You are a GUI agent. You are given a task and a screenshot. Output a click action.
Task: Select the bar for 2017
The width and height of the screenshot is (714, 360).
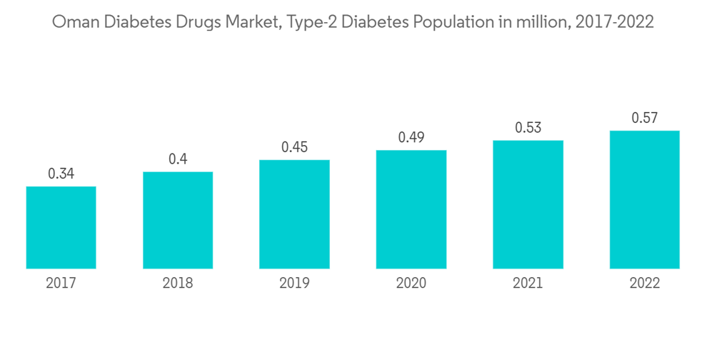pyautogui.click(x=61, y=227)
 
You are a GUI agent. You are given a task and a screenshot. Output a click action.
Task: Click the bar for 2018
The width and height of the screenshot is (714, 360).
pyautogui.click(x=178, y=220)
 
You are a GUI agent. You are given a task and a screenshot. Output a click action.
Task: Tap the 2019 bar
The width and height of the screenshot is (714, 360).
pyautogui.click(x=294, y=214)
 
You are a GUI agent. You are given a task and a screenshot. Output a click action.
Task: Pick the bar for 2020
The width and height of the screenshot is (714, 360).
pyautogui.click(x=411, y=209)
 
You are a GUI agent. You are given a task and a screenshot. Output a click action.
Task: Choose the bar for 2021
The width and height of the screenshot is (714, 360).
pyautogui.click(x=528, y=204)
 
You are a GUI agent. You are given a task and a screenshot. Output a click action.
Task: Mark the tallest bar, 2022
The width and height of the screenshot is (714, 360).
pyautogui.click(x=644, y=199)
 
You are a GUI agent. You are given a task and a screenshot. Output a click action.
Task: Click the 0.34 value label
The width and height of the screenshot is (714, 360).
pyautogui.click(x=61, y=174)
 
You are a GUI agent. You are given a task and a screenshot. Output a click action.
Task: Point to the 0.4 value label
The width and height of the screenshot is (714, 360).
pyautogui.click(x=178, y=159)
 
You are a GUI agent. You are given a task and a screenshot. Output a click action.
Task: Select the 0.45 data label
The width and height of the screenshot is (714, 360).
pyautogui.click(x=294, y=147)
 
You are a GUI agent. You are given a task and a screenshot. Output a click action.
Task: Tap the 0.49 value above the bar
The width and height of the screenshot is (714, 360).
pyautogui.click(x=411, y=137)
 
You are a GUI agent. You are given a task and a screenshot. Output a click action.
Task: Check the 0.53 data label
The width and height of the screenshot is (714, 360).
pyautogui.click(x=528, y=128)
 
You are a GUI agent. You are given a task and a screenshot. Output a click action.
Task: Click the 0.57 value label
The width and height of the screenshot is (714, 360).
pyautogui.click(x=644, y=118)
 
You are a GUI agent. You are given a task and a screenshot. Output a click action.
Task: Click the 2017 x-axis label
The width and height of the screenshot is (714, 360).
pyautogui.click(x=61, y=284)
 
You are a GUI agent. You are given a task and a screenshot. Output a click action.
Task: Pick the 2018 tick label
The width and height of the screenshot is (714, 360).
pyautogui.click(x=178, y=284)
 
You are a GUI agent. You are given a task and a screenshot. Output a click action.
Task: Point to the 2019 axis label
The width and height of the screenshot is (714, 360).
pyautogui.click(x=294, y=284)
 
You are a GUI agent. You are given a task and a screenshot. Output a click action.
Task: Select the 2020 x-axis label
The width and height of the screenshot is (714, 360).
pyautogui.click(x=411, y=284)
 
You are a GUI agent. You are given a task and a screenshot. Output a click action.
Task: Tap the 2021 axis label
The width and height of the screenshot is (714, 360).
pyautogui.click(x=528, y=284)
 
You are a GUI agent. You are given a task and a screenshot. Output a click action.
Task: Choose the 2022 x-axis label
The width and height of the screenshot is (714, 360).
pyautogui.click(x=644, y=284)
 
